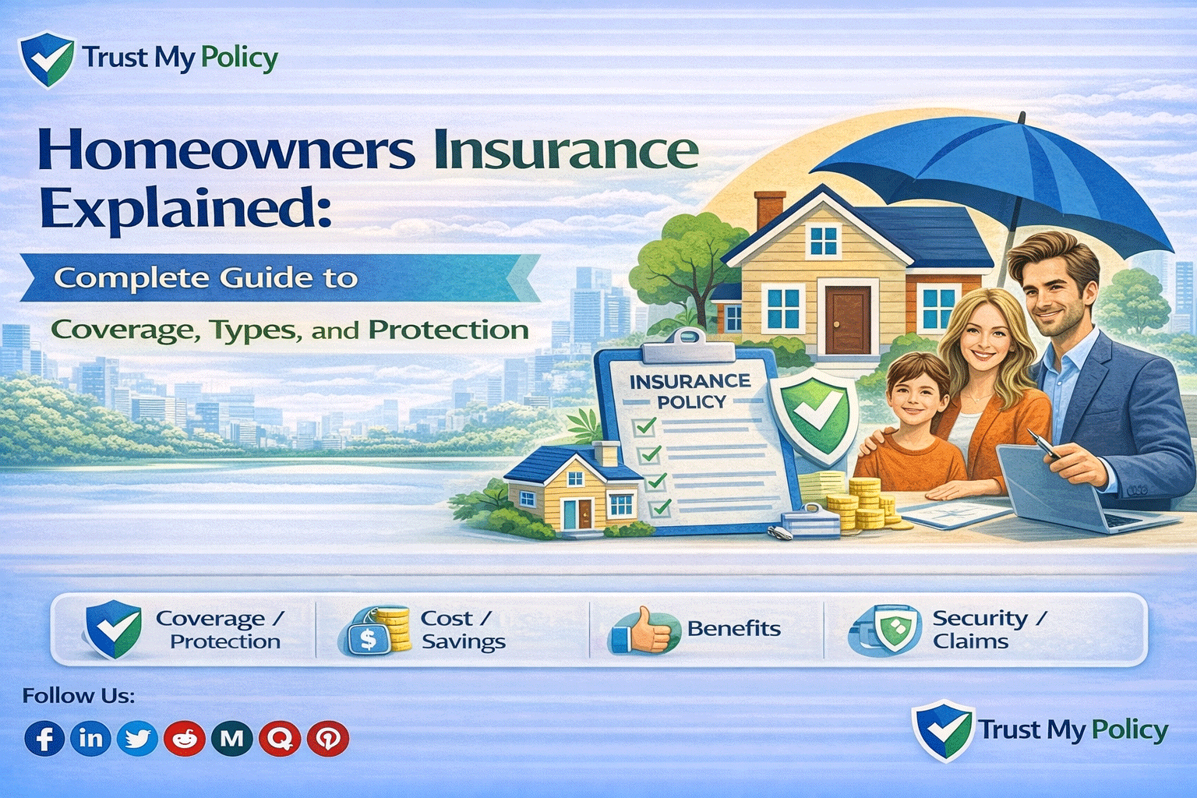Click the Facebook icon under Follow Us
(44, 738)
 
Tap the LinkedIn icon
(90, 737)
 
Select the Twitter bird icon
(137, 738)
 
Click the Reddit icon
(185, 738)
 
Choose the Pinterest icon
(327, 738)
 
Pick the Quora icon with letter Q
(280, 737)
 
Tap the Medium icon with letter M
(232, 738)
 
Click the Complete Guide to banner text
(206, 278)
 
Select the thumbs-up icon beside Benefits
(644, 630)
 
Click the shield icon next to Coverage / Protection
(113, 629)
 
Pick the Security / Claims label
(988, 630)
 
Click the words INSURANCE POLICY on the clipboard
(690, 391)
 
